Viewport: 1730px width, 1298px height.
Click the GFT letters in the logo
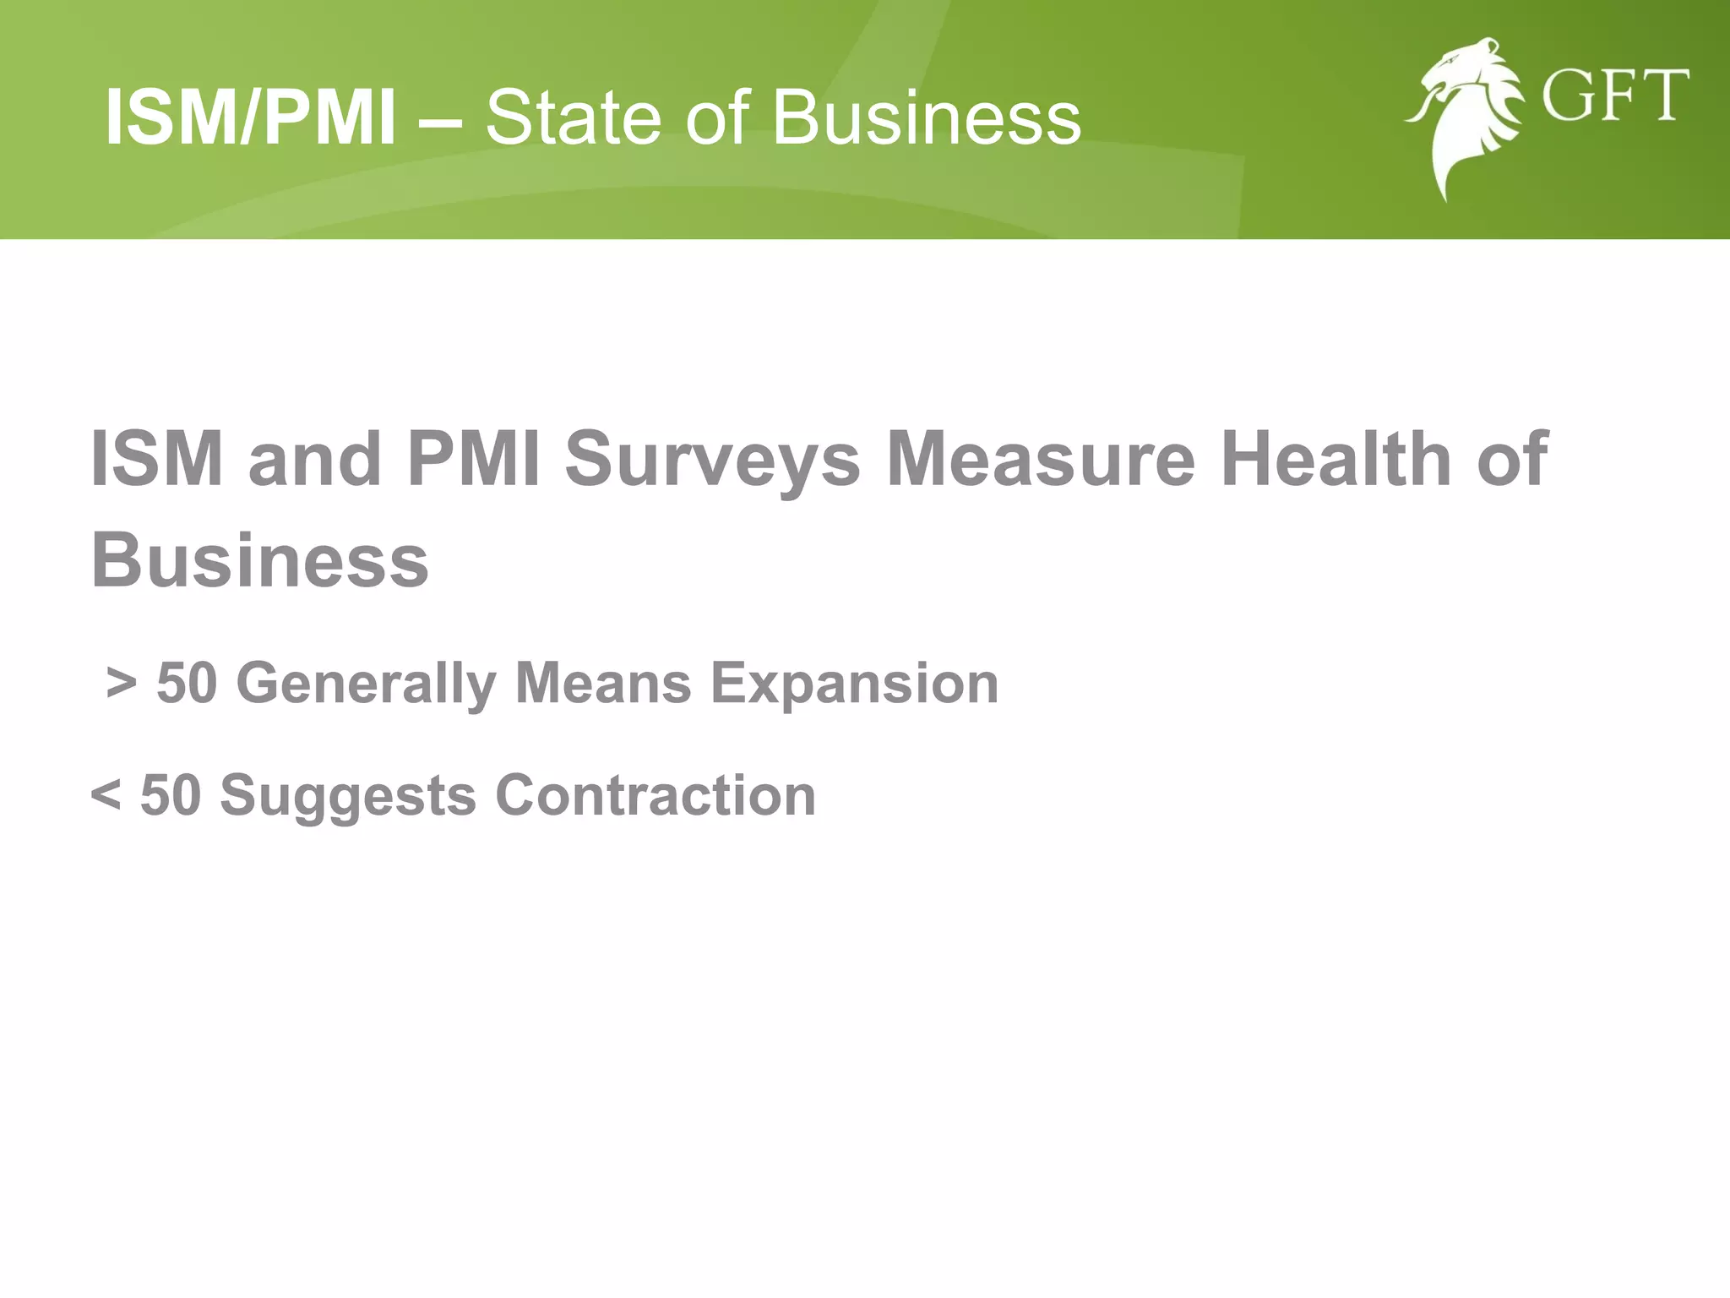pos(1614,97)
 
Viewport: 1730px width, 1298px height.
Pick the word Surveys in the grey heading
pos(712,461)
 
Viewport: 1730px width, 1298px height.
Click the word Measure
pos(1041,461)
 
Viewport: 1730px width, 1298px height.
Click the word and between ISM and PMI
pos(315,461)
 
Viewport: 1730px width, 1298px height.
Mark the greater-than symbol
pos(122,683)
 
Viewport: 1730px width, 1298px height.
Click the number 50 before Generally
pos(188,683)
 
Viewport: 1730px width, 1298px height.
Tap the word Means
pos(603,683)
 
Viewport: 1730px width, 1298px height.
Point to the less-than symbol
pos(105,796)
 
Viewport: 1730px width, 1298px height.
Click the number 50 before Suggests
pos(171,796)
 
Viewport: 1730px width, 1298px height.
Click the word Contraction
pos(656,796)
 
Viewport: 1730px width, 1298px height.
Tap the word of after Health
pos(1513,461)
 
